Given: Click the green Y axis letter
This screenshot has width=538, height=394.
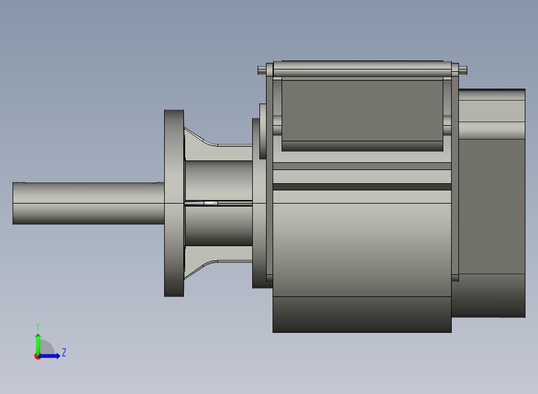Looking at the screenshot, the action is point(38,327).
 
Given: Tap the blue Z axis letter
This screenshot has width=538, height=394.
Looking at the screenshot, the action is point(64,352).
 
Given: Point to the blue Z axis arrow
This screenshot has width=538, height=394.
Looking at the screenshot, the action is point(49,356).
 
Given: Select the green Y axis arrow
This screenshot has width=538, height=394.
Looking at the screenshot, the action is point(38,345).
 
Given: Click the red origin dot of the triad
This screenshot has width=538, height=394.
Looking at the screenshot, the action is point(37,357).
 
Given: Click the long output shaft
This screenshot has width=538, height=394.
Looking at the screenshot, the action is point(88,204).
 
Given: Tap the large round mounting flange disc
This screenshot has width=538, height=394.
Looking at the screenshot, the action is point(174,204).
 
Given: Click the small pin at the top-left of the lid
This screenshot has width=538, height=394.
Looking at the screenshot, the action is point(261,71).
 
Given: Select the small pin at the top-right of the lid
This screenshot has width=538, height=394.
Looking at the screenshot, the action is point(463,70).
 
